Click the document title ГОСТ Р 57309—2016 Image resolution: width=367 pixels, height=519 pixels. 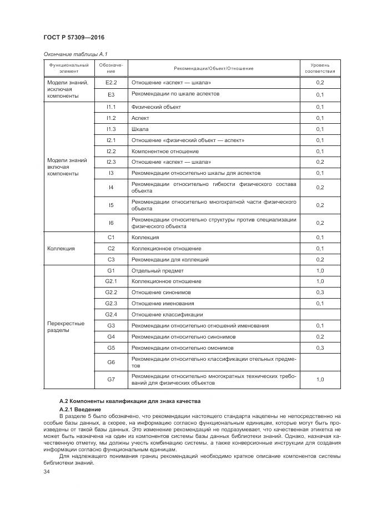click(x=73, y=37)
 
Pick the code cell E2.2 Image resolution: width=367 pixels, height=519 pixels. click(x=110, y=82)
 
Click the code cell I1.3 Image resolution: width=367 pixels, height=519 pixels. click(x=110, y=129)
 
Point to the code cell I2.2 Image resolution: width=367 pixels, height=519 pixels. click(x=110, y=151)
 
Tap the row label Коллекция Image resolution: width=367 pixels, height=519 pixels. click(x=61, y=248)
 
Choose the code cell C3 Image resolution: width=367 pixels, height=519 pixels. click(x=110, y=259)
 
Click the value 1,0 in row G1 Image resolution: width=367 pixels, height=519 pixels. click(x=320, y=270)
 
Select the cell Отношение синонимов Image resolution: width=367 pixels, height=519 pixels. click(x=160, y=292)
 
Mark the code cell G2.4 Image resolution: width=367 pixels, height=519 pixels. click(x=110, y=314)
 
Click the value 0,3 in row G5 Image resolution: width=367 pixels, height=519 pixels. click(x=320, y=347)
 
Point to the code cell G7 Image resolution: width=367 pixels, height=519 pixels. click(x=110, y=380)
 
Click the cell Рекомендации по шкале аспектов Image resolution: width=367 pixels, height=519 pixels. click(x=175, y=94)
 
